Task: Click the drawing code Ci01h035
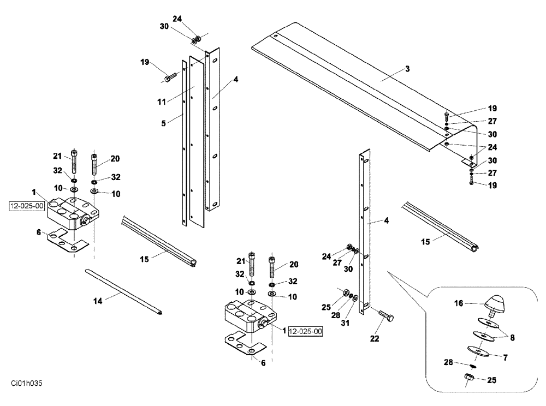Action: [x=26, y=384]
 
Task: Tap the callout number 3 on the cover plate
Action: [x=407, y=69]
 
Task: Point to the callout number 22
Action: [x=374, y=338]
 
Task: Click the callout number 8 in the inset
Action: [x=512, y=337]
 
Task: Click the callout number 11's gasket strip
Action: [x=196, y=142]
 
